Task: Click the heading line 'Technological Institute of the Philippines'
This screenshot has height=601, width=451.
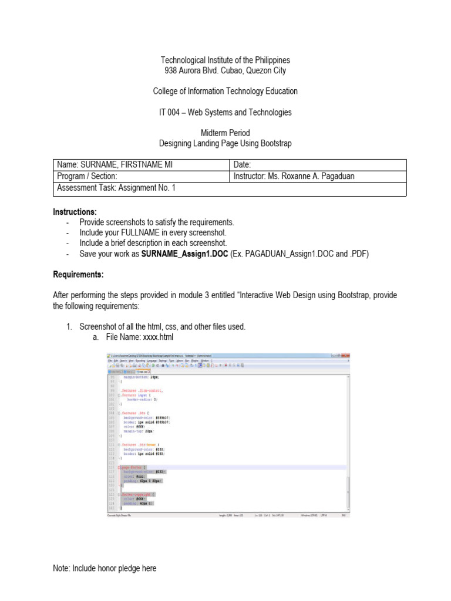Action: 225,60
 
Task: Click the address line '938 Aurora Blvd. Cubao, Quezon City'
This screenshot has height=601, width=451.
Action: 225,71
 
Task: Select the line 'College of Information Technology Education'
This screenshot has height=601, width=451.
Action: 225,92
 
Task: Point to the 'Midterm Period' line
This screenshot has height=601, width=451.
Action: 225,133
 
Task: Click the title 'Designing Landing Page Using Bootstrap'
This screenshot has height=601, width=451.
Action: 225,143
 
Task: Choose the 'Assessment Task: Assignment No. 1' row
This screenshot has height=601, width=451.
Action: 116,188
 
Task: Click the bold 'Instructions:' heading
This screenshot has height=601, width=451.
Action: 75,211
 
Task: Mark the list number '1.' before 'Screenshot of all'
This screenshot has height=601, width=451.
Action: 69,326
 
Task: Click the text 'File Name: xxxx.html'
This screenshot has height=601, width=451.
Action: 139,337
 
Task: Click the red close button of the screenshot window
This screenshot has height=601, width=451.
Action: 346,356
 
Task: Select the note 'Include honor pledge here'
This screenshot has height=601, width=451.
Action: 105,568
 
